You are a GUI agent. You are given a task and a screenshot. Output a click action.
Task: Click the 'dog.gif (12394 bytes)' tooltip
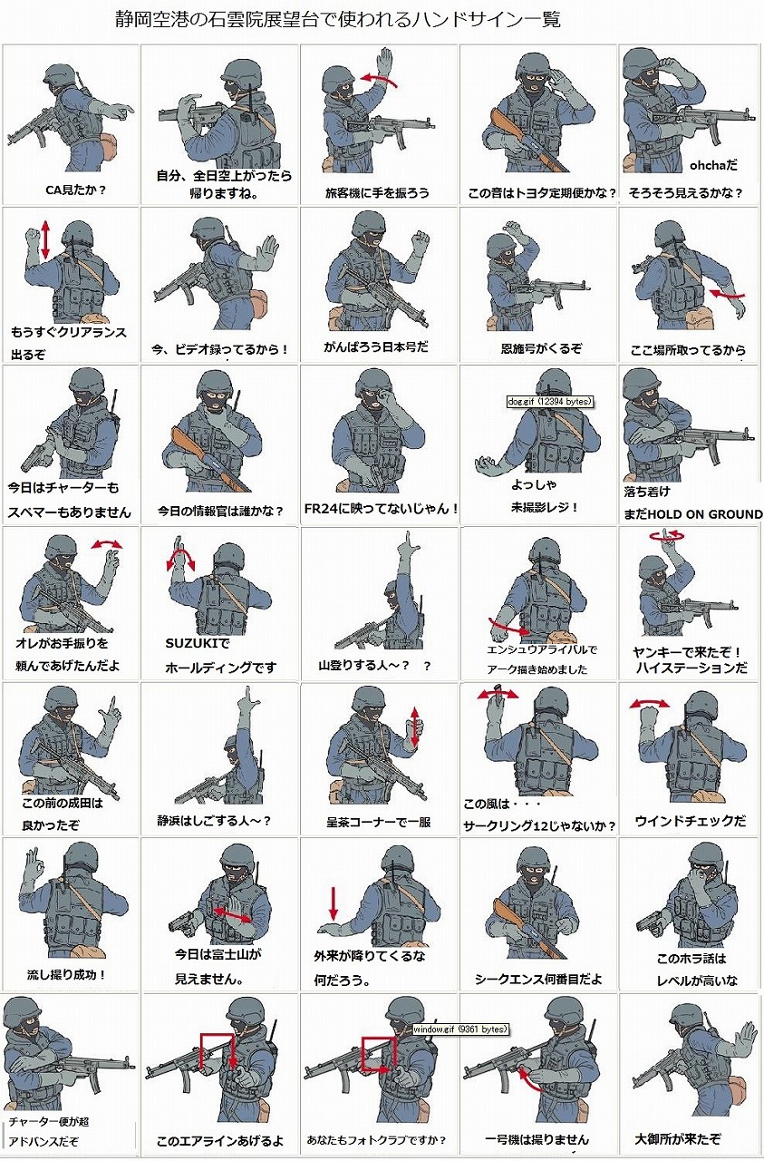click(549, 401)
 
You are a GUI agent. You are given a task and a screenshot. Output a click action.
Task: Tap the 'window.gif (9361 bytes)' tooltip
click(459, 1029)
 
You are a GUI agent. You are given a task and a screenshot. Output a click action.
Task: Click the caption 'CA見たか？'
click(75, 190)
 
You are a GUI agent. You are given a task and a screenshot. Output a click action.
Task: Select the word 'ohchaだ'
click(713, 165)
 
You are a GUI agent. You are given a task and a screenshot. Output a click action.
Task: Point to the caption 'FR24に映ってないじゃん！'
click(381, 509)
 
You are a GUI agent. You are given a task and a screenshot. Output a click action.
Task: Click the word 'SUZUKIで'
click(198, 644)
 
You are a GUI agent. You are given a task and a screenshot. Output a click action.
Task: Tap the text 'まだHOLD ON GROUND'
click(693, 514)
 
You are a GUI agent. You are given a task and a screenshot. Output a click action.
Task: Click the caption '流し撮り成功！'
click(67, 975)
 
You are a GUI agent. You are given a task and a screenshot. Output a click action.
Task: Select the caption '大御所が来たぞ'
click(678, 1138)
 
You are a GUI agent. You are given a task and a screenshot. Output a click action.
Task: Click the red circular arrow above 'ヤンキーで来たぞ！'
click(668, 536)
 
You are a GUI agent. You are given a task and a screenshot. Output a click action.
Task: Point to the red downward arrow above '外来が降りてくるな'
click(334, 902)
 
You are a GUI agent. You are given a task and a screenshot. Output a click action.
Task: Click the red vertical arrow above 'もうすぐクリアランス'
click(45, 239)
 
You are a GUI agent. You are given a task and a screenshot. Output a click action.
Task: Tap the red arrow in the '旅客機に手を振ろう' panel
click(379, 80)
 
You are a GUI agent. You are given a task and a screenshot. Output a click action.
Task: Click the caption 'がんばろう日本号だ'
click(376, 346)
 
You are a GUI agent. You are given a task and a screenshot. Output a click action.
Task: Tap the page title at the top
click(338, 20)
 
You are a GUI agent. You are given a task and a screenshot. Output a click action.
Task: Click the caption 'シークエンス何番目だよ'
click(538, 979)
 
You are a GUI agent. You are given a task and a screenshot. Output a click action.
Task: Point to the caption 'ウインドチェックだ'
click(691, 821)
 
